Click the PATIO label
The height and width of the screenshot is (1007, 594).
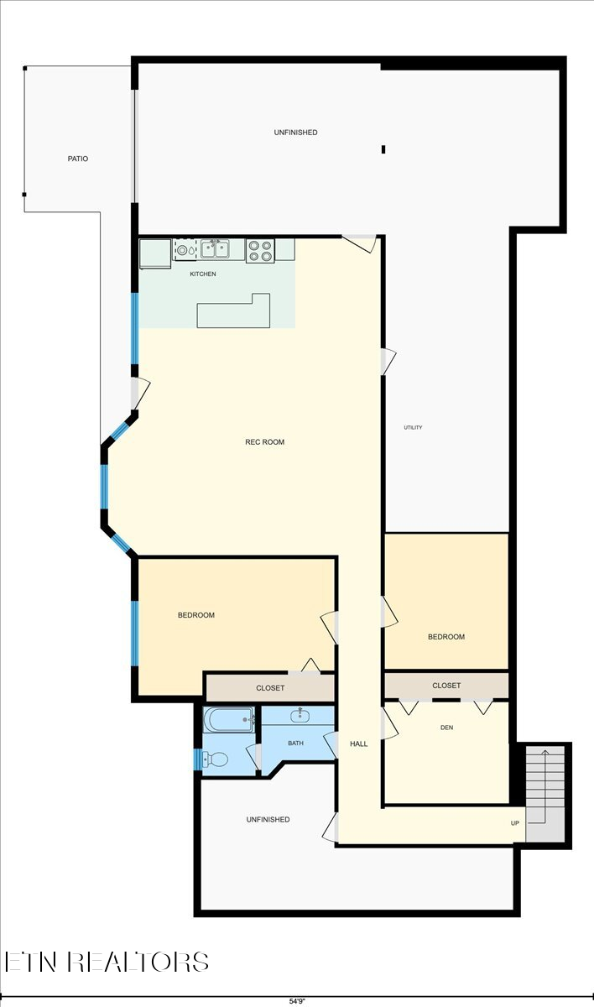coord(78,159)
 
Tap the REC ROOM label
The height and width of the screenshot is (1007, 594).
coord(264,442)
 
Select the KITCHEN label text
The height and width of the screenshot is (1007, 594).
coord(202,274)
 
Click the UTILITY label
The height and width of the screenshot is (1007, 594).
coord(413,428)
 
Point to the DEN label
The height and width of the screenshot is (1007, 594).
coord(446,728)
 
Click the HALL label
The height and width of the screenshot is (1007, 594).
coord(359,744)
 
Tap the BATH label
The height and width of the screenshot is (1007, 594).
coord(295,744)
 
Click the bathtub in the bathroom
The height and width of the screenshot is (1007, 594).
coord(229,719)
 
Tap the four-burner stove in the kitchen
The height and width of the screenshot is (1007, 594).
coord(259,250)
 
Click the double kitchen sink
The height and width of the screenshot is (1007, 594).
coord(214,248)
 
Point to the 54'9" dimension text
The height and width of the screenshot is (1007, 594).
coord(296,1000)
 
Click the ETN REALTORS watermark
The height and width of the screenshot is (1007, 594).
coord(107,962)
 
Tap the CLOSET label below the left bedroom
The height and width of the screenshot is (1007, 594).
coord(270,688)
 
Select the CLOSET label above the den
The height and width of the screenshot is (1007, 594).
coord(446,686)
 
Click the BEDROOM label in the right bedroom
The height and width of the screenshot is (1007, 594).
coord(446,637)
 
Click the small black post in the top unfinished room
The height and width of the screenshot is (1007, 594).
coord(383,149)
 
